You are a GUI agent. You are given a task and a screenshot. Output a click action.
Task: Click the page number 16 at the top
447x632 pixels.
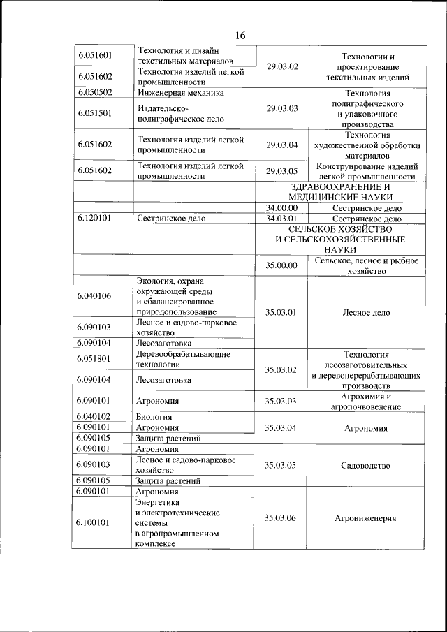[240, 36]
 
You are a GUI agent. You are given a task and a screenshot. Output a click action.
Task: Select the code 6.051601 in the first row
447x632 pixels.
[96, 55]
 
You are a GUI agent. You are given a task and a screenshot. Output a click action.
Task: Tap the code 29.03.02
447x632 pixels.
[282, 66]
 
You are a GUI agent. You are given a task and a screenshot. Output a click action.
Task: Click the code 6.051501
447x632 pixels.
[96, 113]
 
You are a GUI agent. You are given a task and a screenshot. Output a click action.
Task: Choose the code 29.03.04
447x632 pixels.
[282, 145]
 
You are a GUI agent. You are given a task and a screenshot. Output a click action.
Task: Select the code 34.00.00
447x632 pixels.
[282, 207]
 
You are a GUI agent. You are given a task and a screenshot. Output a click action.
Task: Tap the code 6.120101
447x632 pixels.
[96, 218]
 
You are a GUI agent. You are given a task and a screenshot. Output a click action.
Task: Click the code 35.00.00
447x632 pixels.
[282, 265]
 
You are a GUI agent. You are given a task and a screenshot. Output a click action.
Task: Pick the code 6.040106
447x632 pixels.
[96, 296]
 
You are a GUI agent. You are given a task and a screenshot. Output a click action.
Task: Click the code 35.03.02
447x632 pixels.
[282, 369]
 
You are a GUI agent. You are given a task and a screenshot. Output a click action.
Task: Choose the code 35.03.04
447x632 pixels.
[282, 427]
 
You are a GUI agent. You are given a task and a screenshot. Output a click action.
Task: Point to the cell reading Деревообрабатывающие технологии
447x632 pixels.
[183, 359]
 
